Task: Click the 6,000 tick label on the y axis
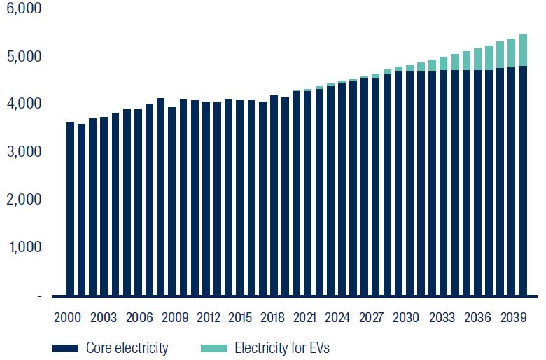point(24,8)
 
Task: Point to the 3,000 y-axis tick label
point(24,152)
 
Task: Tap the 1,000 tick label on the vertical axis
point(24,247)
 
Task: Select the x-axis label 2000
point(68,317)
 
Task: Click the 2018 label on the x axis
point(272,317)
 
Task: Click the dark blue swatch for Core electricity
point(64,348)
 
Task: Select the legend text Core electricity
point(127,348)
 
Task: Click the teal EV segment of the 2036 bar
point(477,59)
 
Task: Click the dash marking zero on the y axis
point(39,296)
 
